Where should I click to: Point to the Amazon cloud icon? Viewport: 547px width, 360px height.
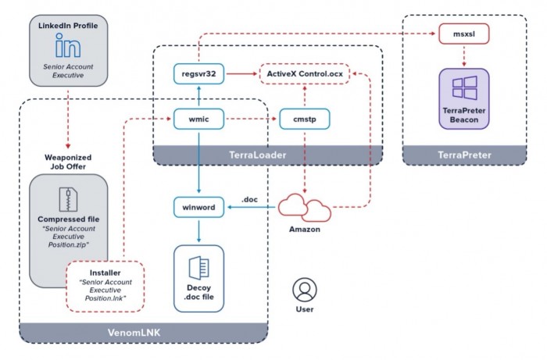click(x=305, y=208)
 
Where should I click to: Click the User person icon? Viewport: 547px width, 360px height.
click(x=303, y=290)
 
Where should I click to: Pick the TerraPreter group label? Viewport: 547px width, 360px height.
click(x=464, y=155)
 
